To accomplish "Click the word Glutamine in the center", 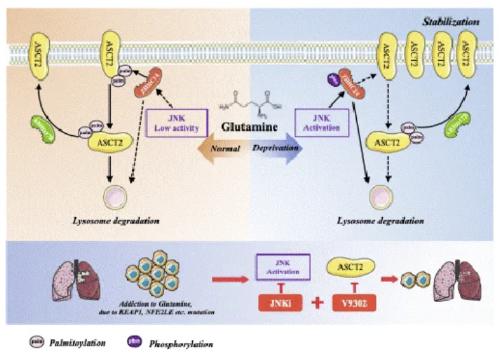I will pos(250,127).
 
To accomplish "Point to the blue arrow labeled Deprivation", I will pos(280,148).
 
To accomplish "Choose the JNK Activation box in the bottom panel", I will pos(282,264).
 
